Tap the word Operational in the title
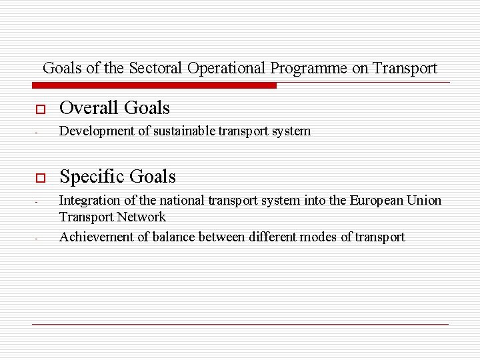click(227, 68)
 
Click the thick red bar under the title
click(154, 85)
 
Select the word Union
click(425, 201)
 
